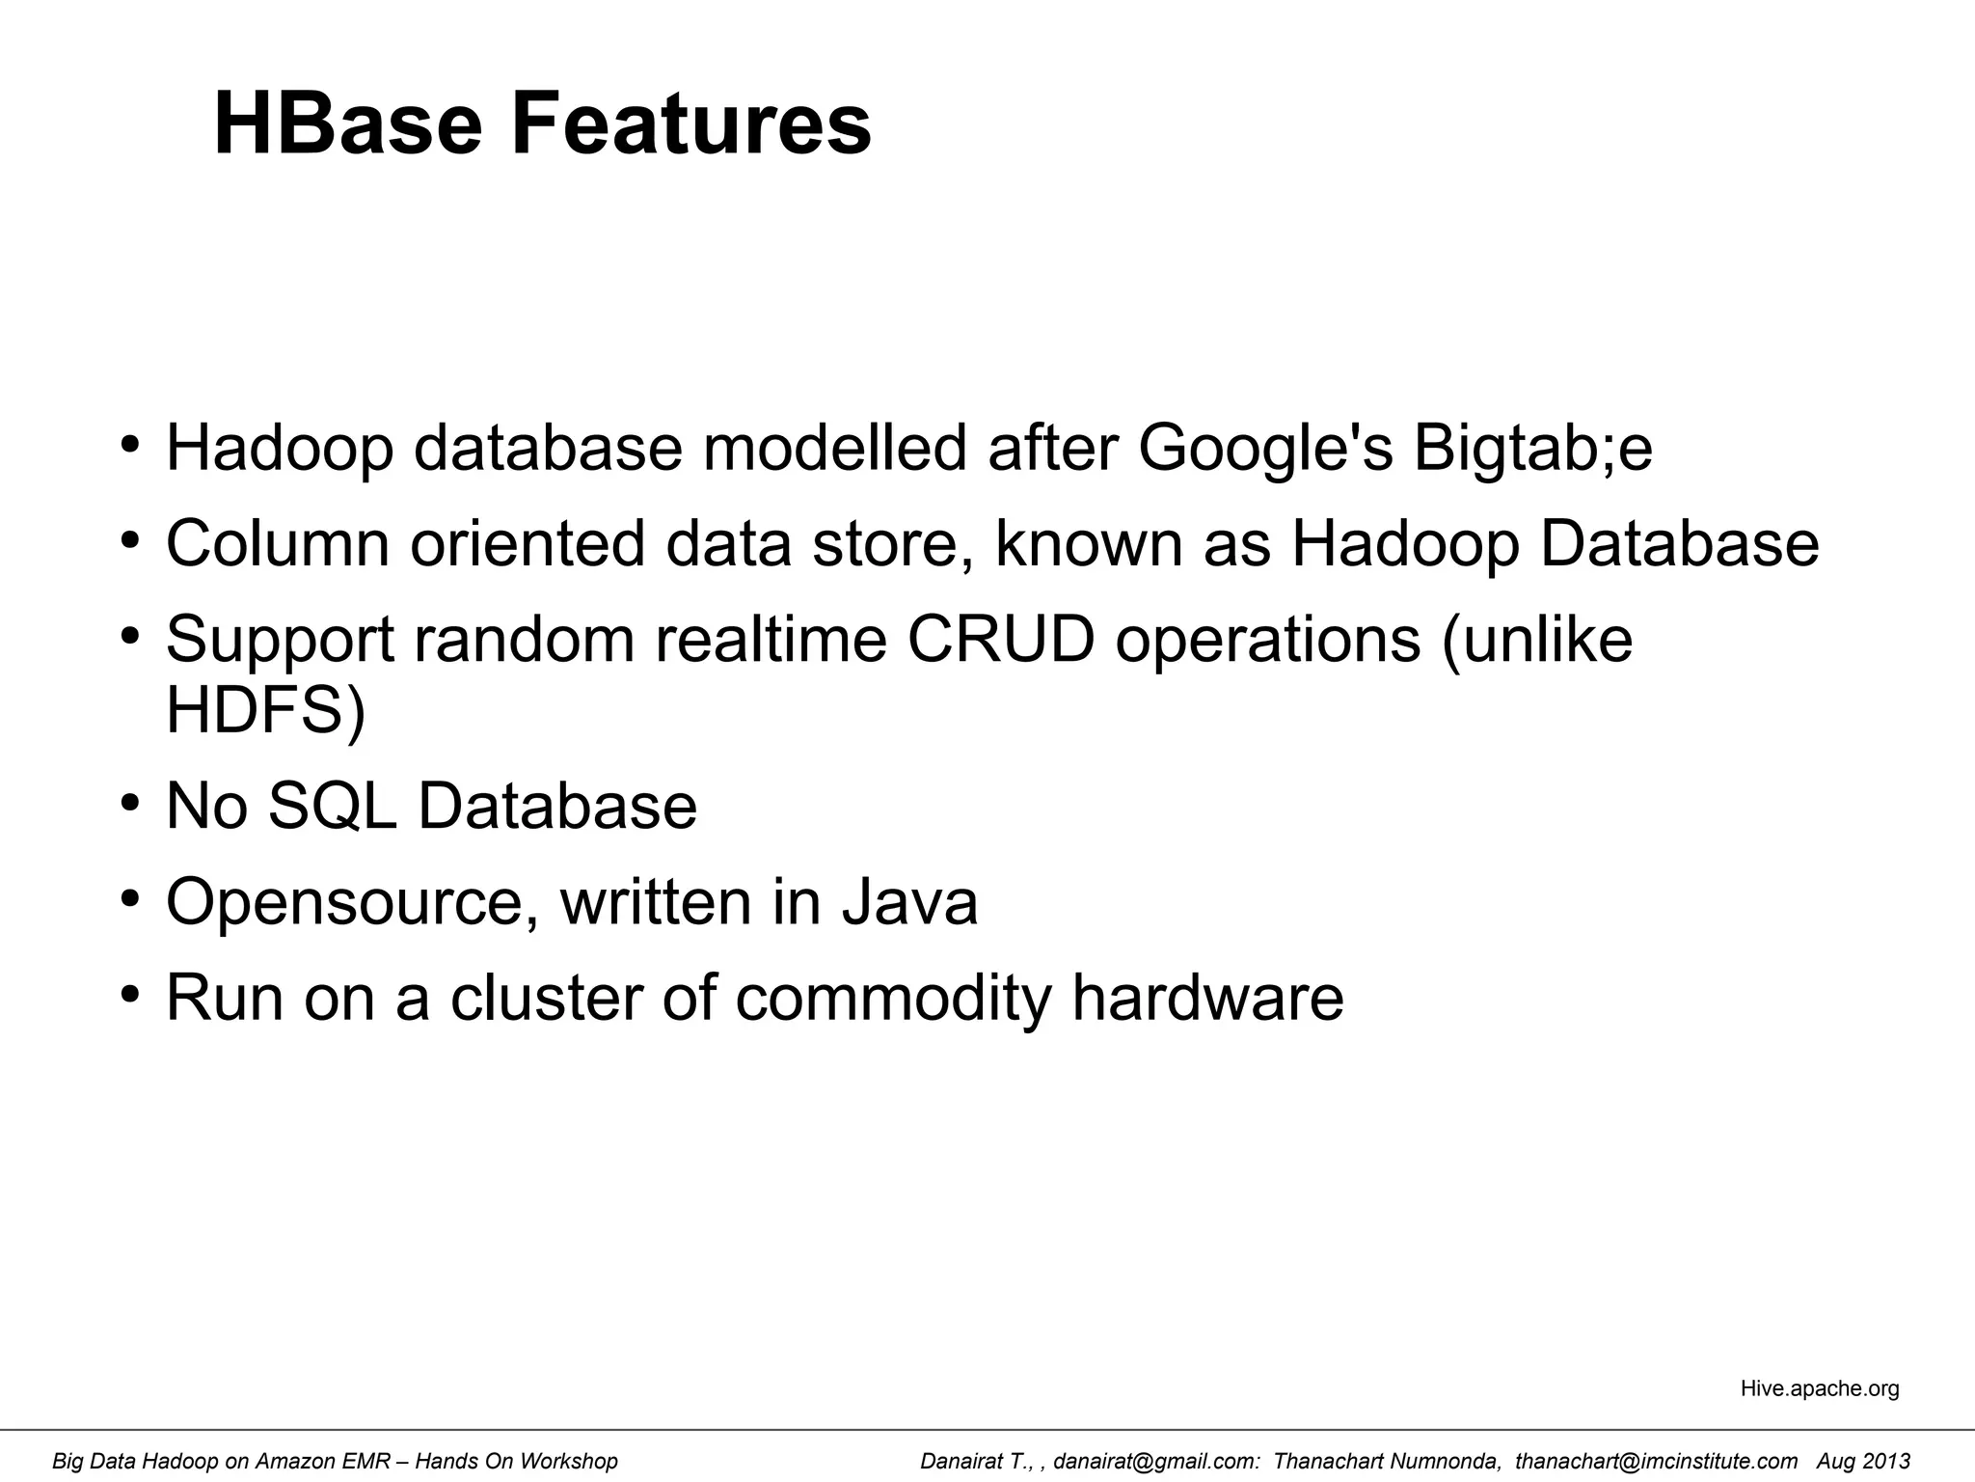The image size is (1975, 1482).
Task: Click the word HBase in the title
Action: coord(347,123)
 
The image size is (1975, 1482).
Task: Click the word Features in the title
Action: coord(690,123)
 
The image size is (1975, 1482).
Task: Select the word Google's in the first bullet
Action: coord(1264,450)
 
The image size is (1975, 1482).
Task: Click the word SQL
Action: coord(332,806)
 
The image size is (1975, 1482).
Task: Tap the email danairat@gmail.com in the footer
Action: coord(1155,1462)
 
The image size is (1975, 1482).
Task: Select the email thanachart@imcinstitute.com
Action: coord(1656,1462)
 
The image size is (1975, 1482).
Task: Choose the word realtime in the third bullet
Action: coord(771,639)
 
